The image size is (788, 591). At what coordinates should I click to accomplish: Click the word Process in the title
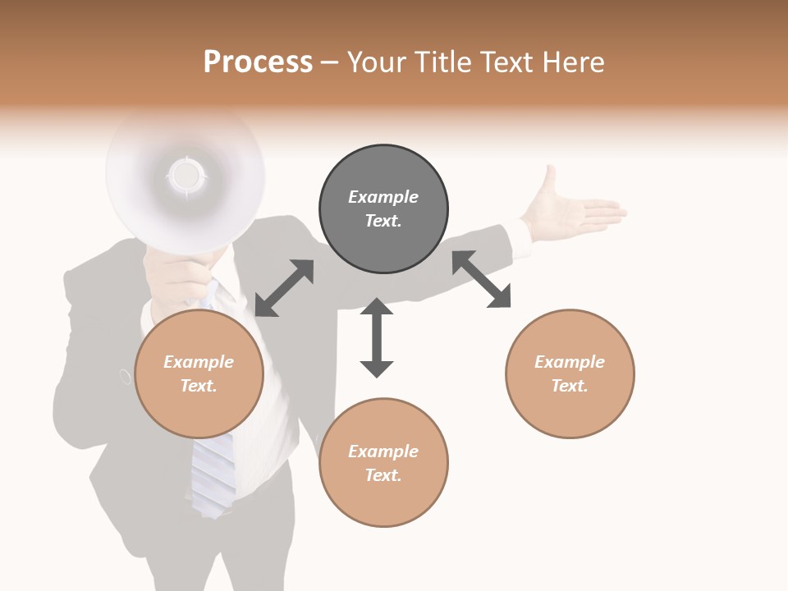pos(258,62)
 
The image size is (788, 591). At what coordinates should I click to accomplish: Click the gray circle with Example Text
pos(383,209)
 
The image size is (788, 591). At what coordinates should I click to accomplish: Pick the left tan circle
pos(199,374)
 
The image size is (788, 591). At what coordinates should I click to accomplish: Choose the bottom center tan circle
pos(383,463)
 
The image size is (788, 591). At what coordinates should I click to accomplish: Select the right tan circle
pos(570,374)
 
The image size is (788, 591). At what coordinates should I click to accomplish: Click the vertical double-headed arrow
pos(377,337)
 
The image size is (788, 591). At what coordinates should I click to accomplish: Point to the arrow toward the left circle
pos(284,288)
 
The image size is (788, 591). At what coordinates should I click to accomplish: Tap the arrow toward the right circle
pos(481,279)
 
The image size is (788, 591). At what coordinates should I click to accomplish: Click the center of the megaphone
pos(186,175)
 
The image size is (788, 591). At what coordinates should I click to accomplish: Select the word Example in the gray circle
pos(383,197)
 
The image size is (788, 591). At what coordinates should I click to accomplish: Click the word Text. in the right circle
pos(569,386)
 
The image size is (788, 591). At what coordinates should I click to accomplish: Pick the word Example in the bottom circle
pos(383,451)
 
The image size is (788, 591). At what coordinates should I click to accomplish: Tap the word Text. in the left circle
pos(199,386)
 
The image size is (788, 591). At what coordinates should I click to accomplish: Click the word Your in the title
pos(378,62)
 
